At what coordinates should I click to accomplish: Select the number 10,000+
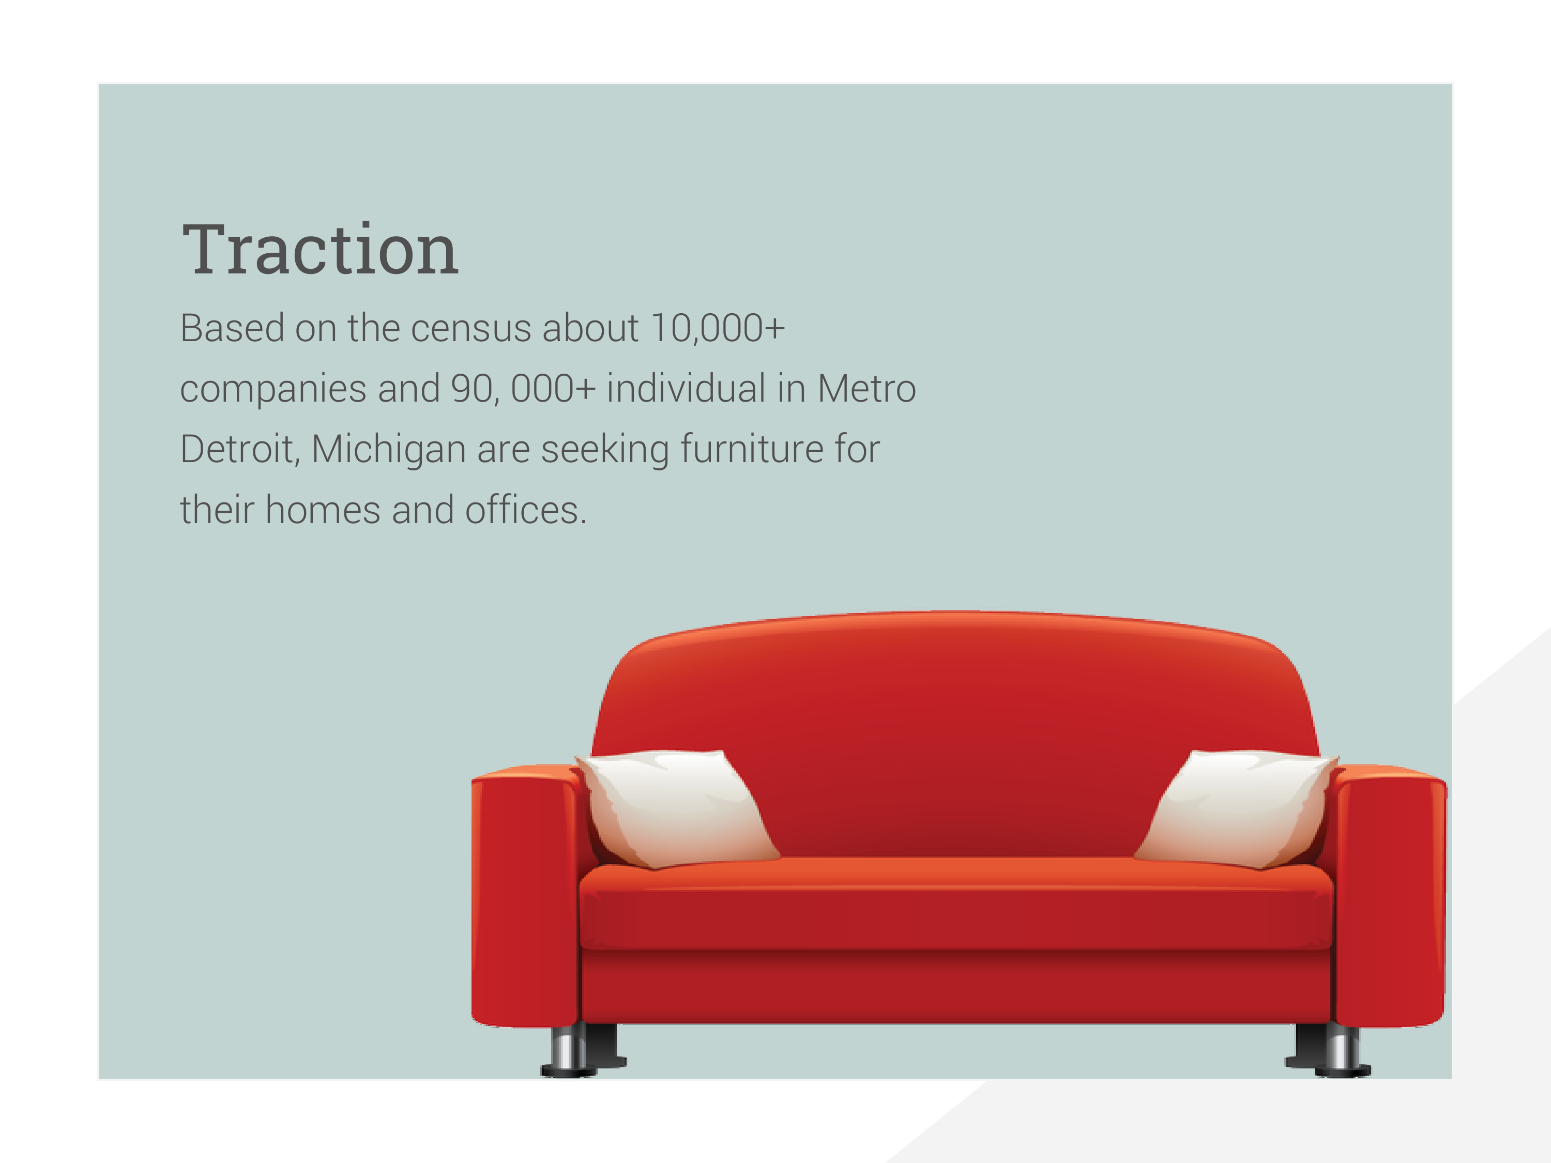point(717,328)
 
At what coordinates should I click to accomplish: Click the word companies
point(273,390)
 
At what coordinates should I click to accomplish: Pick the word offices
point(525,510)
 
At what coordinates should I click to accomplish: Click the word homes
point(323,510)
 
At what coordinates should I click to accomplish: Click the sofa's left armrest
point(526,897)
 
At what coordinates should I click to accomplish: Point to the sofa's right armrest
point(1390,897)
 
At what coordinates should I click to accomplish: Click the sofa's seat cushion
point(956,905)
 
